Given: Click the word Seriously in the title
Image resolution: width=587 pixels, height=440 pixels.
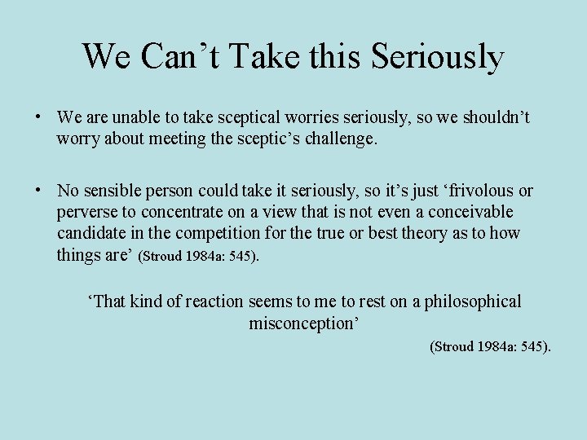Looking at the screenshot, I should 437,56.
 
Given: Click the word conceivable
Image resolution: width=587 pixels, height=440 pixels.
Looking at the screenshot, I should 473,212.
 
